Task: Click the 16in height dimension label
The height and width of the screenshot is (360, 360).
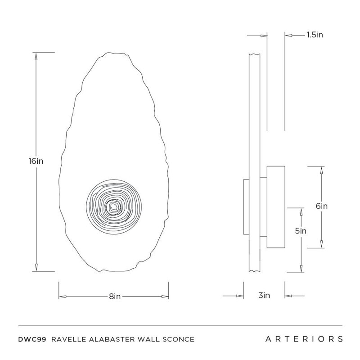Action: (36, 161)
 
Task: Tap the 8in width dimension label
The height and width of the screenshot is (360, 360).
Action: (115, 297)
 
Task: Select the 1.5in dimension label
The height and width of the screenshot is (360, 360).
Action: (315, 35)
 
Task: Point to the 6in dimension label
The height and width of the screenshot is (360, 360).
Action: (321, 206)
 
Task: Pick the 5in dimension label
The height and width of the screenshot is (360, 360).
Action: (301, 231)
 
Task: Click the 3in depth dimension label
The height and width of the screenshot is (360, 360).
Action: (264, 295)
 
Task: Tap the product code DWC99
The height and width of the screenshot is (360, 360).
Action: (32, 339)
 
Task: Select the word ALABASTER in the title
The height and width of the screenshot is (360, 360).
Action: (112, 339)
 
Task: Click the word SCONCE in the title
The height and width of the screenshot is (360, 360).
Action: (178, 339)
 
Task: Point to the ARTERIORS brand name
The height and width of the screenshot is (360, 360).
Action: (304, 339)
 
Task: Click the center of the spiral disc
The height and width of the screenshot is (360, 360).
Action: (114, 207)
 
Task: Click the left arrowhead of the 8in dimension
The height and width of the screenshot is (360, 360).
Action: (63, 297)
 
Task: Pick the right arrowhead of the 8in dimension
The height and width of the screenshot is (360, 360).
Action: (165, 297)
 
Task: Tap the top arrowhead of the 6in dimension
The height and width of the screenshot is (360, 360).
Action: (321, 170)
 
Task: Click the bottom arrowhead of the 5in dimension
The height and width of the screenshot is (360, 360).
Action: (301, 269)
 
